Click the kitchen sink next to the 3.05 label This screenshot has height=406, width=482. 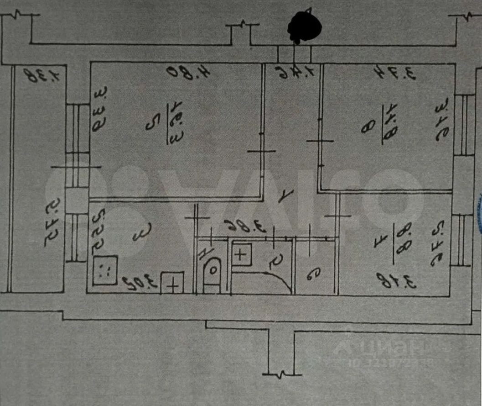point(173,283)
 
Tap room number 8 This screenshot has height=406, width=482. point(366,126)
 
